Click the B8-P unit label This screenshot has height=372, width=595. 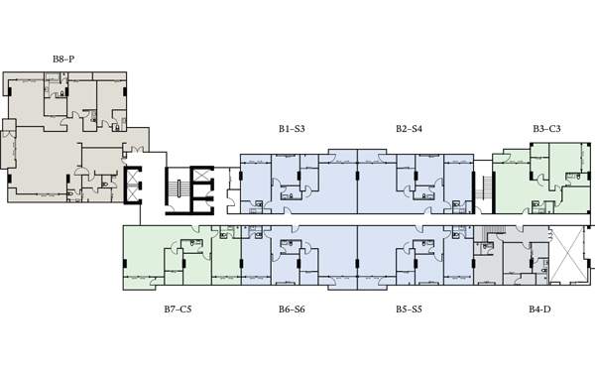coord(63,60)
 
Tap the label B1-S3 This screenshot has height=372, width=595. coord(292,129)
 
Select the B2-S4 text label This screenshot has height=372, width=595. coord(409,129)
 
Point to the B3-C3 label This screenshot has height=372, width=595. coord(546,129)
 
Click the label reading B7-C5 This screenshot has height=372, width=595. coord(178,310)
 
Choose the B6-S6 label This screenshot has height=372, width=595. coord(292,310)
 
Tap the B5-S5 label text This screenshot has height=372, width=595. coord(409,310)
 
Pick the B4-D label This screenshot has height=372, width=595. coord(539,310)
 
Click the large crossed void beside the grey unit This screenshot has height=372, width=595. coord(568,255)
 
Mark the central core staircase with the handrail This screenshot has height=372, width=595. coord(178,188)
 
